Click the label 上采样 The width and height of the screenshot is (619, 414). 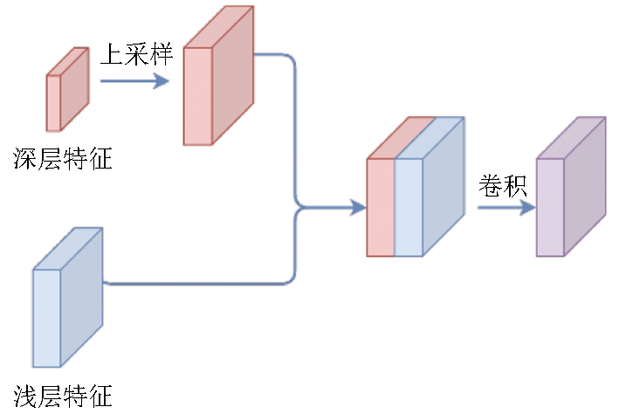(x=136, y=54)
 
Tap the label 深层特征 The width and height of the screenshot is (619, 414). (x=63, y=159)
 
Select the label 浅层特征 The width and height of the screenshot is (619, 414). (x=63, y=396)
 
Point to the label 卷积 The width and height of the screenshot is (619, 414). (x=503, y=186)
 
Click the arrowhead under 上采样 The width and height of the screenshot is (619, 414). (x=161, y=81)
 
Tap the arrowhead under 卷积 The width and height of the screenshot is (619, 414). (x=528, y=207)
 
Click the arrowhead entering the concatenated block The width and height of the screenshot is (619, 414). (x=359, y=207)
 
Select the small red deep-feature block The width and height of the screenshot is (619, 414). (x=68, y=89)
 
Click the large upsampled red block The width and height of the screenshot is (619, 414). (x=218, y=75)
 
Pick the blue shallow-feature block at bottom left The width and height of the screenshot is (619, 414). (x=67, y=298)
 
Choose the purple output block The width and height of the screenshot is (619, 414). (x=571, y=186)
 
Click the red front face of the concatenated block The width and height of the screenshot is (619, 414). (x=381, y=208)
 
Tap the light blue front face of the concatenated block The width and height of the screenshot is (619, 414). (x=409, y=208)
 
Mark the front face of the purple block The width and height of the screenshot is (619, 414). (x=550, y=208)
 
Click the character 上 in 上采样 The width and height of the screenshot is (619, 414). (x=112, y=54)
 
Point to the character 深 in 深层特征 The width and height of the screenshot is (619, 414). (x=25, y=159)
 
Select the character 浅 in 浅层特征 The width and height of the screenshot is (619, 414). (x=25, y=396)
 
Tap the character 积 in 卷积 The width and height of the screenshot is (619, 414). (x=515, y=186)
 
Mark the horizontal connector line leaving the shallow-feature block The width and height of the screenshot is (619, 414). (x=197, y=284)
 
